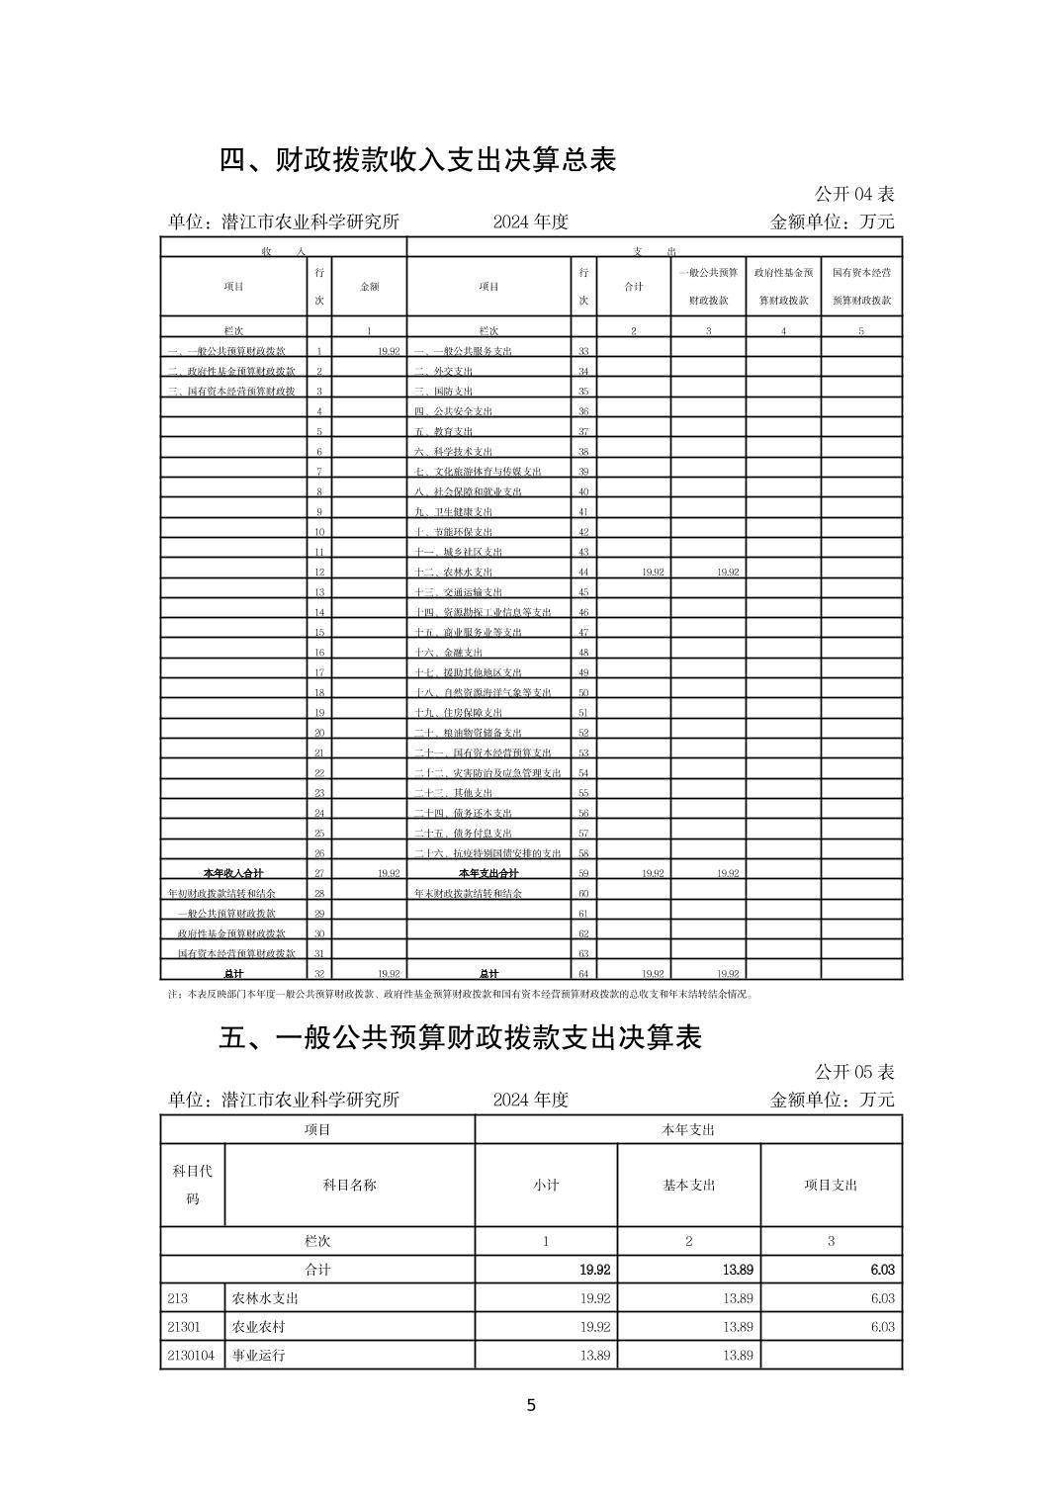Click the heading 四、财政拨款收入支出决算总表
417,159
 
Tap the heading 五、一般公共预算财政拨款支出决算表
460,1037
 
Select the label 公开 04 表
854,194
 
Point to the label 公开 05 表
854,1072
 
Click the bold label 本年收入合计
233,873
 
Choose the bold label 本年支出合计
488,873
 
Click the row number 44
583,573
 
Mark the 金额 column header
369,287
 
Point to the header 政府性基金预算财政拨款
783,287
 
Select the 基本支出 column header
688,1185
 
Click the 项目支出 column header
831,1185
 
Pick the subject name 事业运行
258,1355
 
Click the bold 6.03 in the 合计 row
882,1270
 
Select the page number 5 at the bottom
531,1405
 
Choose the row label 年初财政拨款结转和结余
221,893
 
